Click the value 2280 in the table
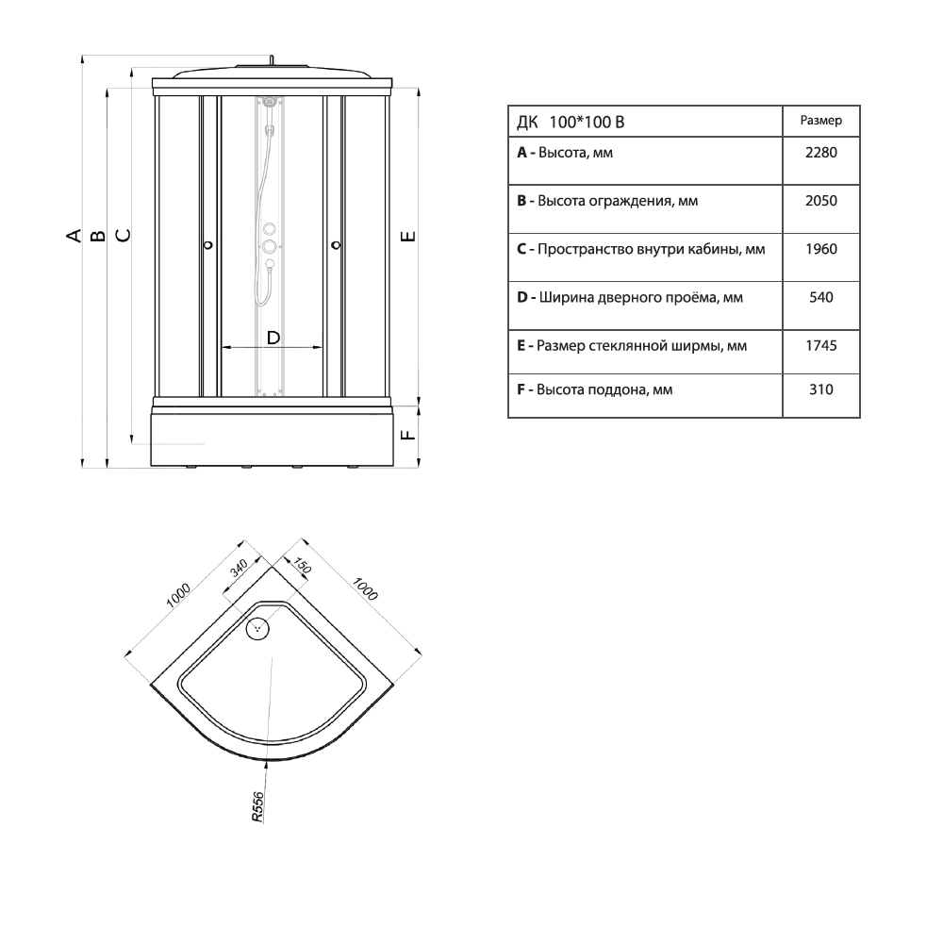[x=821, y=153]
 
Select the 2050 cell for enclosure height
[x=821, y=201]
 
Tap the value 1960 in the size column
[x=821, y=249]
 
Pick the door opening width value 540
[x=821, y=298]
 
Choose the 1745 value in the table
[x=821, y=346]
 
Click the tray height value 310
[x=821, y=389]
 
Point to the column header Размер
[x=821, y=121]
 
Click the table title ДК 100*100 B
[x=571, y=123]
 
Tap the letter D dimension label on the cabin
[x=273, y=338]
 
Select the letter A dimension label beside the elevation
[x=74, y=235]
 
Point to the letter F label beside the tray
[x=407, y=434]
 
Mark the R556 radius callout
[x=257, y=807]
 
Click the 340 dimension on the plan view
[x=239, y=568]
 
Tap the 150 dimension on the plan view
[x=302, y=566]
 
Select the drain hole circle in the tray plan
[x=258, y=629]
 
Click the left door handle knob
[x=208, y=245]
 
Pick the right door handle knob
[x=337, y=245]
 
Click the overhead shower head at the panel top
[x=270, y=102]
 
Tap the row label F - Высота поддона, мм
[x=595, y=389]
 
